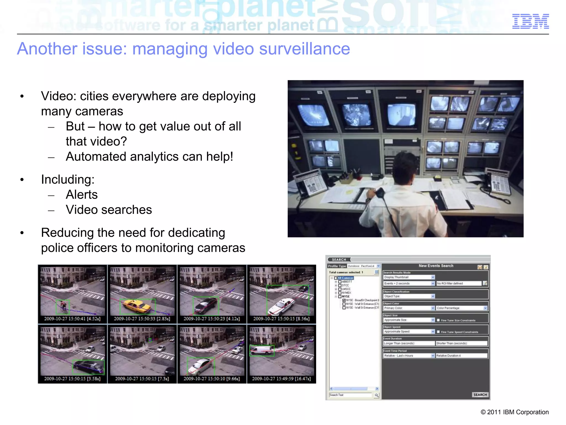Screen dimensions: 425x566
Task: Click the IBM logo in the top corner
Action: (530, 21)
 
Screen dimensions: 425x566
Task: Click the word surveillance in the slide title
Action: (304, 49)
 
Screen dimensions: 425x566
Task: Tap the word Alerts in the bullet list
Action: (82, 195)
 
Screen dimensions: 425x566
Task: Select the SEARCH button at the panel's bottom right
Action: (480, 395)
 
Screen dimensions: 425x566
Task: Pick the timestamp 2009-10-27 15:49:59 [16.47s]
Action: (281, 379)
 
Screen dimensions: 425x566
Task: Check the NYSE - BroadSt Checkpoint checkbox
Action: (344, 300)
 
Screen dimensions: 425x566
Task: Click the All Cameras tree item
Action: (345, 278)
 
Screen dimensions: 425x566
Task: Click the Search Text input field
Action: (350, 395)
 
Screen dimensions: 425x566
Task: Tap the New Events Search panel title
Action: (436, 266)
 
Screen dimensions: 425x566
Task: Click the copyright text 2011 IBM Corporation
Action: (515, 412)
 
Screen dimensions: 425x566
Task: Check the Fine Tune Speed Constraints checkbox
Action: (438, 332)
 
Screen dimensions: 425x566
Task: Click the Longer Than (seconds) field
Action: (409, 343)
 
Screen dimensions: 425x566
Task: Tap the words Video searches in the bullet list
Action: (109, 210)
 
